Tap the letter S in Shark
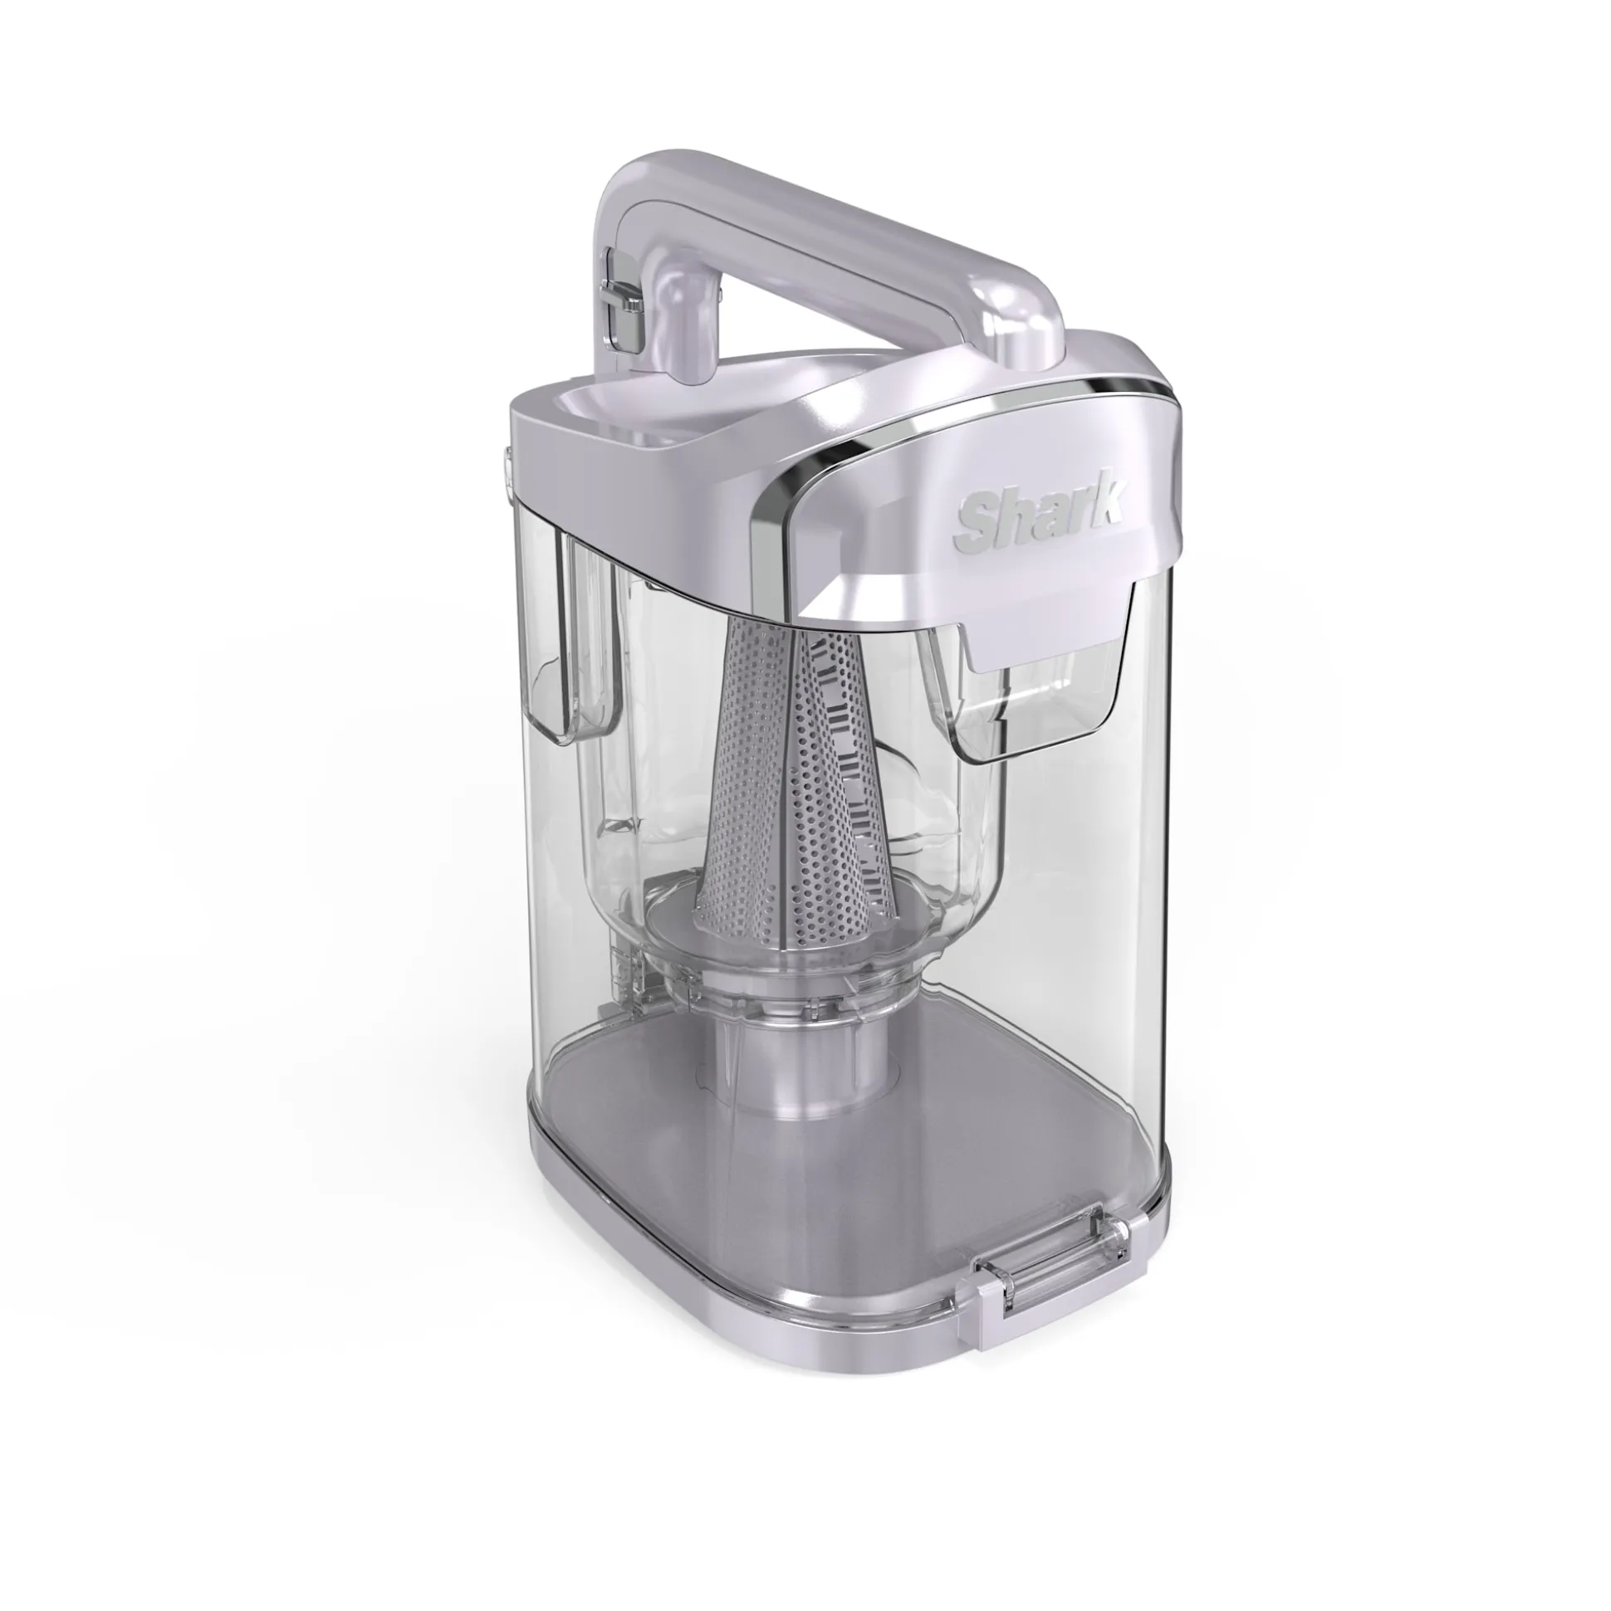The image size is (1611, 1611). coord(974,518)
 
